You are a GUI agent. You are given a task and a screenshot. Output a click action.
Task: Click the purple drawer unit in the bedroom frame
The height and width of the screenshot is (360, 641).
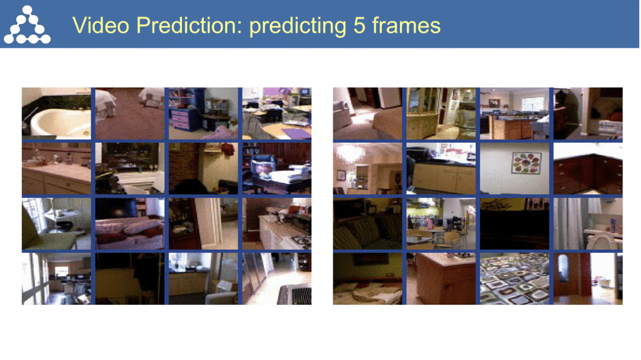(186, 119)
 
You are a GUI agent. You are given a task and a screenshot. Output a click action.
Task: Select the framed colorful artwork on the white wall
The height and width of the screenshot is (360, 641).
(526, 163)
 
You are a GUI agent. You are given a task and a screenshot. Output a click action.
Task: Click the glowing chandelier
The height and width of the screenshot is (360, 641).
(351, 153)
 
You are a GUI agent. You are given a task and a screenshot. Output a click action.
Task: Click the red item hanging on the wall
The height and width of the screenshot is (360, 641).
(228, 149)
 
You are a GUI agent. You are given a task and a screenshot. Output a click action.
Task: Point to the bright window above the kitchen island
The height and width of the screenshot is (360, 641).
(531, 102)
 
